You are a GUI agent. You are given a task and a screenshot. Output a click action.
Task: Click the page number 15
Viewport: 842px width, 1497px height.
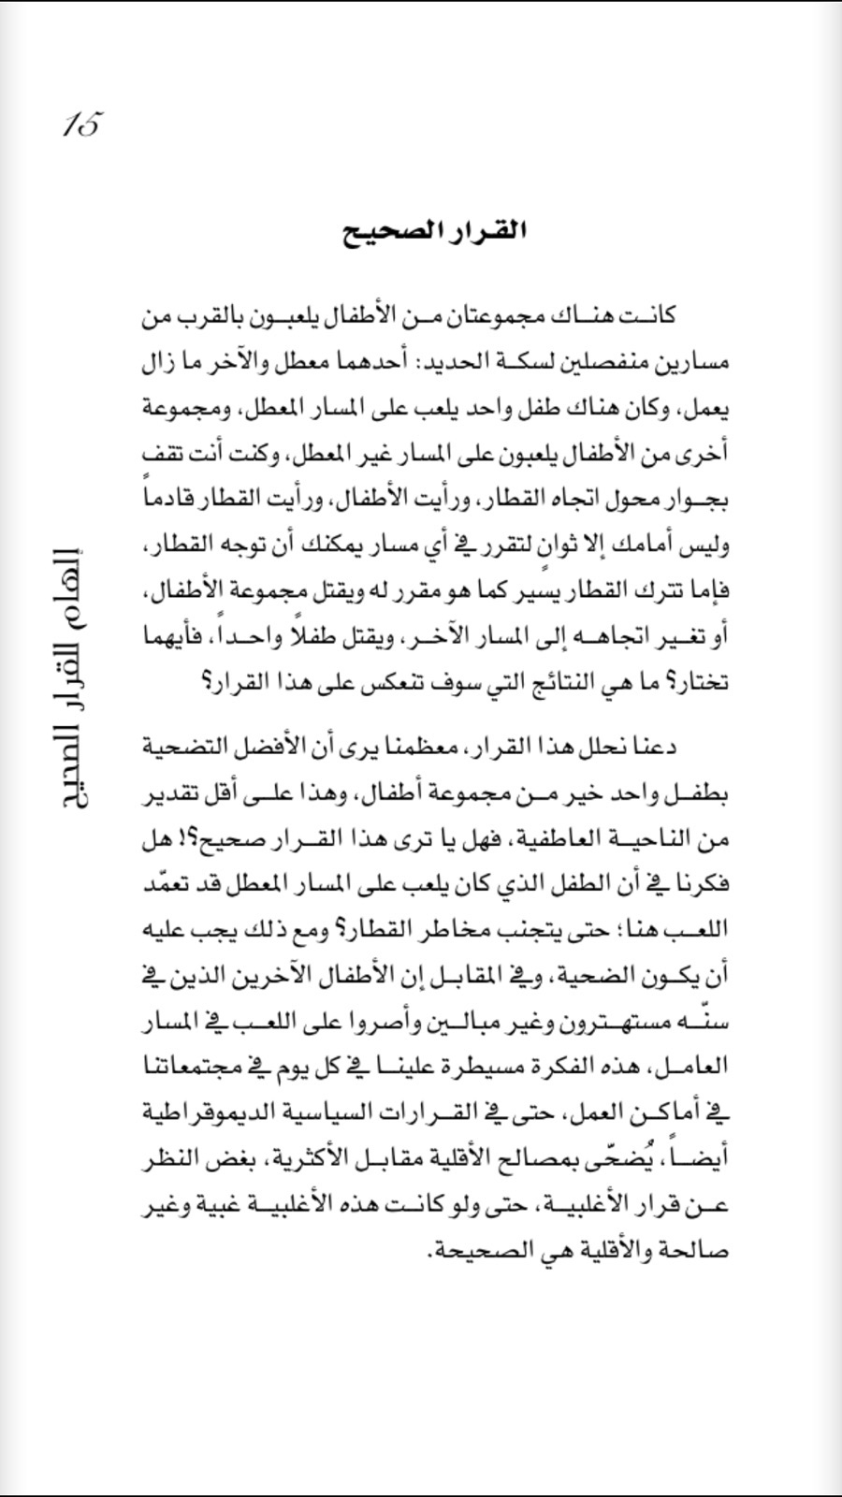(x=81, y=124)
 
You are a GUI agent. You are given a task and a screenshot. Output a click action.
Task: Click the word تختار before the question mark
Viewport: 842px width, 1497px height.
(x=702, y=683)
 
